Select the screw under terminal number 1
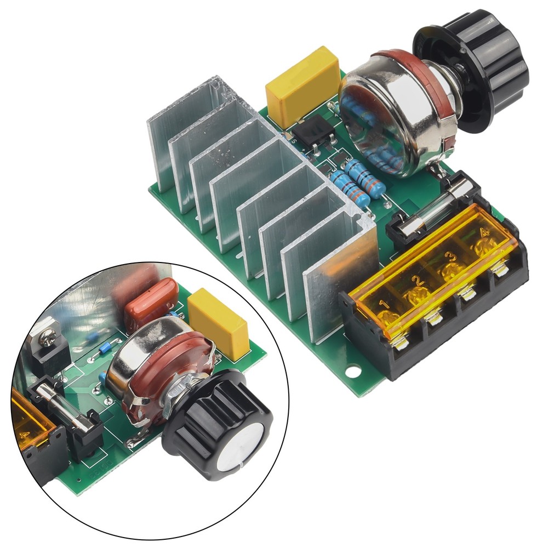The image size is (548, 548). pyautogui.click(x=400, y=342)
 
